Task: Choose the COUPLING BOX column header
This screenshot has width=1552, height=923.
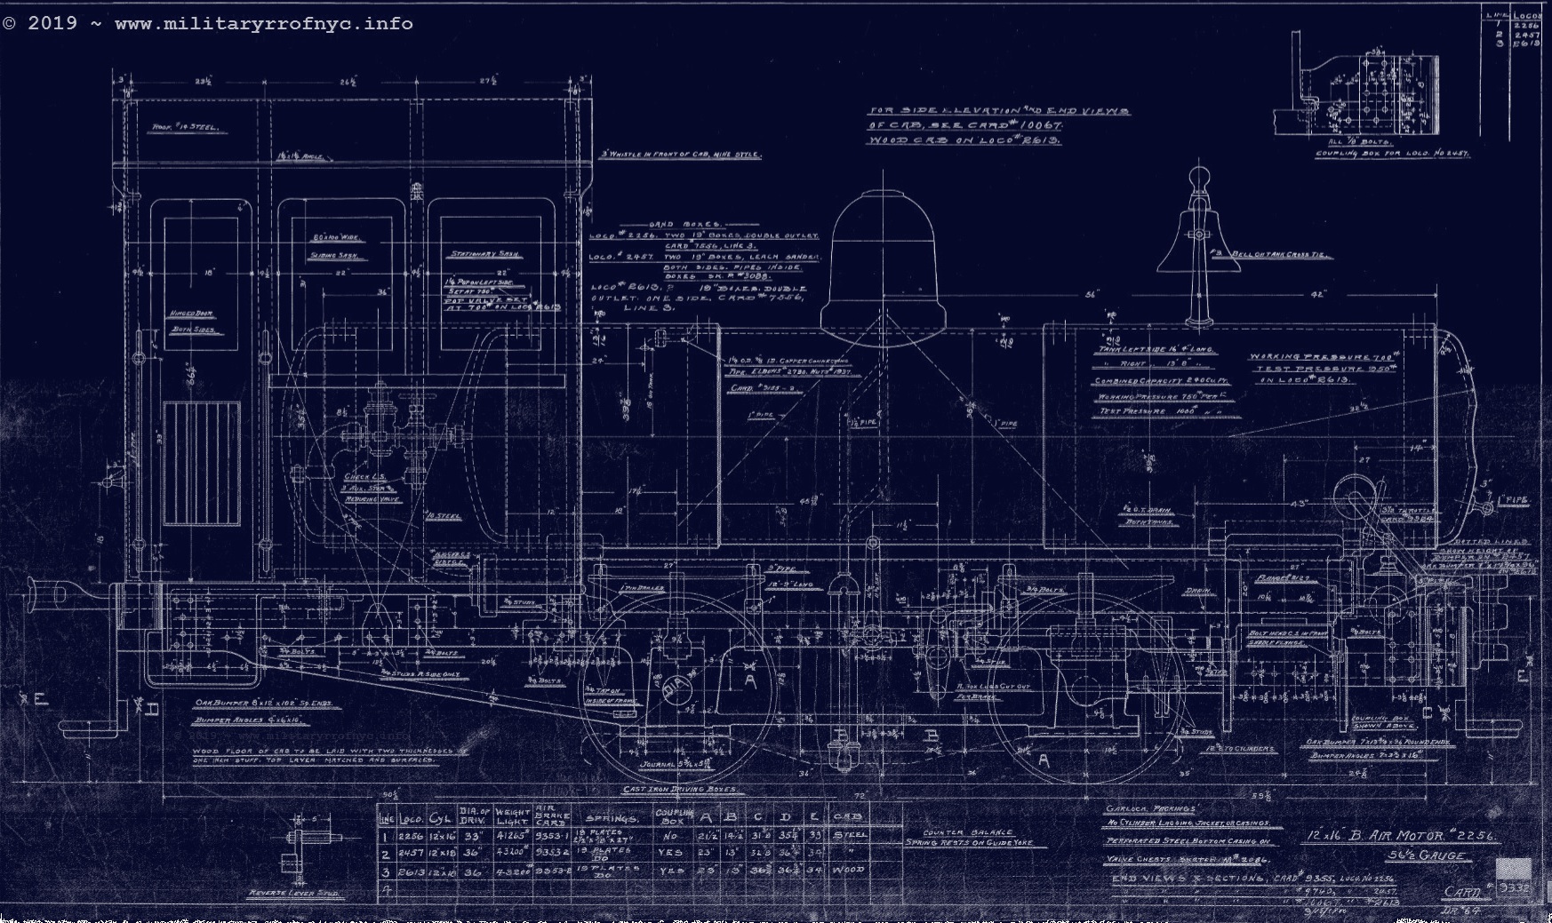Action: (672, 816)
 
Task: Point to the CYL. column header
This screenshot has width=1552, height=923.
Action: (440, 818)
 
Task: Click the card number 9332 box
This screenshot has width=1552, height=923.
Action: (1514, 886)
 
